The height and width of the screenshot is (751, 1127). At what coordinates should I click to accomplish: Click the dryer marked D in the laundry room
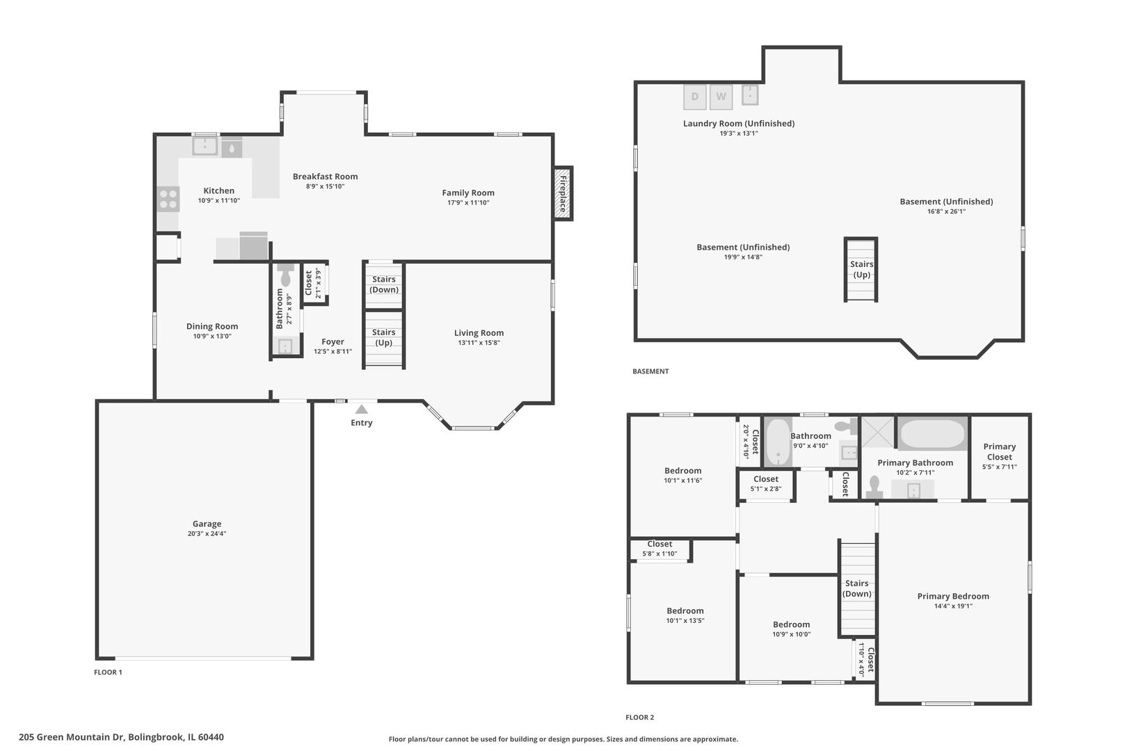pyautogui.click(x=695, y=97)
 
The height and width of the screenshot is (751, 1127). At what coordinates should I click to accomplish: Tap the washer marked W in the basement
pyautogui.click(x=721, y=97)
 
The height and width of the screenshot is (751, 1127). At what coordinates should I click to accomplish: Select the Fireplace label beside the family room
pyautogui.click(x=563, y=193)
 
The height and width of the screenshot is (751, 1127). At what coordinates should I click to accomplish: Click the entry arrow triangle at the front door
pyautogui.click(x=361, y=409)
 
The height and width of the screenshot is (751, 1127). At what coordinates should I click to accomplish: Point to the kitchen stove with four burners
pyautogui.click(x=168, y=199)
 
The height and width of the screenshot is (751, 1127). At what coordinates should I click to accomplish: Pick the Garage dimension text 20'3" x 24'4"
pyautogui.click(x=207, y=534)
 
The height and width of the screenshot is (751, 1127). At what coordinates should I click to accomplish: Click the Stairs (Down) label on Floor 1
pyautogui.click(x=384, y=284)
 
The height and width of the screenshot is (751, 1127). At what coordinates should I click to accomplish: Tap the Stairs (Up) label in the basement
pyautogui.click(x=861, y=269)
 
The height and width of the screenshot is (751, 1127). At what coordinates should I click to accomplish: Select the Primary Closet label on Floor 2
pyautogui.click(x=999, y=452)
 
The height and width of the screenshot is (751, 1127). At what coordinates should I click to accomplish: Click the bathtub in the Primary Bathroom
pyautogui.click(x=932, y=434)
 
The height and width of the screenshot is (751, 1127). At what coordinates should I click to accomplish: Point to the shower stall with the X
pyautogui.click(x=878, y=432)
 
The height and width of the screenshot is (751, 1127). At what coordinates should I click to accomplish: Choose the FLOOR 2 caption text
pyautogui.click(x=639, y=718)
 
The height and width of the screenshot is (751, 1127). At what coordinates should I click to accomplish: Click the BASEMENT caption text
pyautogui.click(x=650, y=371)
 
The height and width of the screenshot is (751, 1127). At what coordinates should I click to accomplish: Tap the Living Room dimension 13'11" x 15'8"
pyautogui.click(x=479, y=343)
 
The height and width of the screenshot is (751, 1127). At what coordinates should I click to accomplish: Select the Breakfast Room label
pyautogui.click(x=326, y=177)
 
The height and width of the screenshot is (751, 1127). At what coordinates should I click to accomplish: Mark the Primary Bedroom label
pyautogui.click(x=953, y=596)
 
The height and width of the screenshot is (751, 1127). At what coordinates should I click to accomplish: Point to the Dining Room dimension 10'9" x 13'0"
pyautogui.click(x=212, y=336)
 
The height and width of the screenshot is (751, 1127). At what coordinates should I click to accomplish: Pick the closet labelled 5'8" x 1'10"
pyautogui.click(x=660, y=549)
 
